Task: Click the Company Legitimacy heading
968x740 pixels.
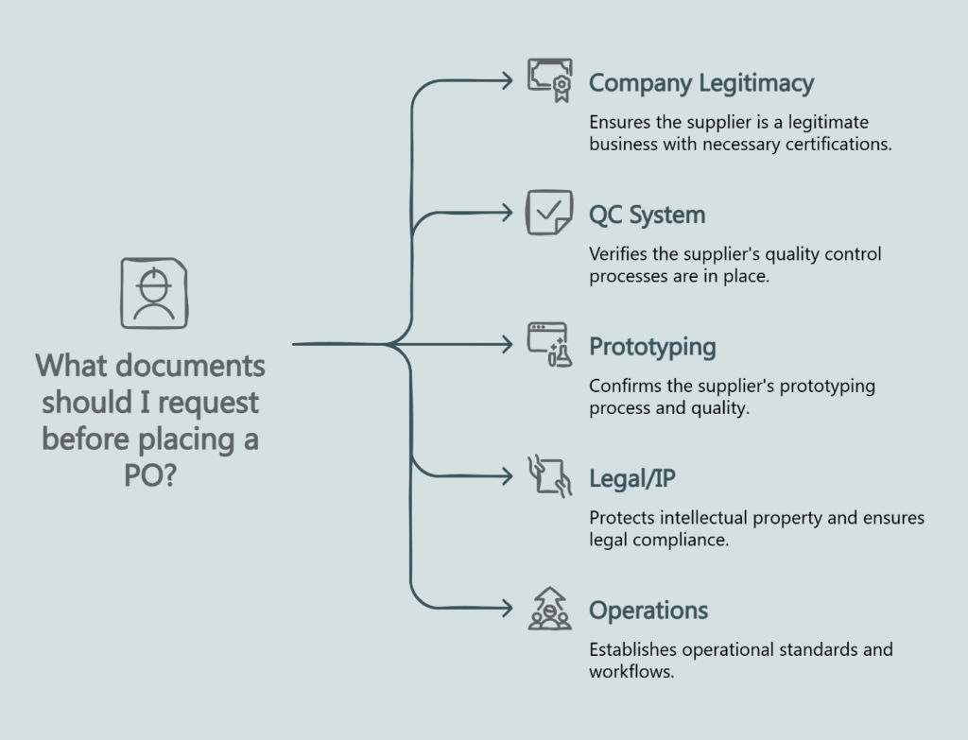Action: pyautogui.click(x=700, y=83)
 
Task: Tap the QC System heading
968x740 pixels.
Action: pyautogui.click(x=647, y=215)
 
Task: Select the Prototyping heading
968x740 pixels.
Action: pyautogui.click(x=652, y=347)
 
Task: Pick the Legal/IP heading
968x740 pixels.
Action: pyautogui.click(x=631, y=479)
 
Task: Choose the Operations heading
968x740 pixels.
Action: pyautogui.click(x=648, y=611)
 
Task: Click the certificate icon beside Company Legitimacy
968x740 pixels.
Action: pyautogui.click(x=549, y=80)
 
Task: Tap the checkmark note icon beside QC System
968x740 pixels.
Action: pyautogui.click(x=549, y=213)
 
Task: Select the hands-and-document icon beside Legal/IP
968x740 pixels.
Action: pyautogui.click(x=549, y=476)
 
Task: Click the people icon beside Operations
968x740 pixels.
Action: pyautogui.click(x=549, y=609)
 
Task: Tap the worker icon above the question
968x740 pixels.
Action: pyautogui.click(x=153, y=293)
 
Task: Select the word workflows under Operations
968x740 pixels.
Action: pyautogui.click(x=631, y=673)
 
